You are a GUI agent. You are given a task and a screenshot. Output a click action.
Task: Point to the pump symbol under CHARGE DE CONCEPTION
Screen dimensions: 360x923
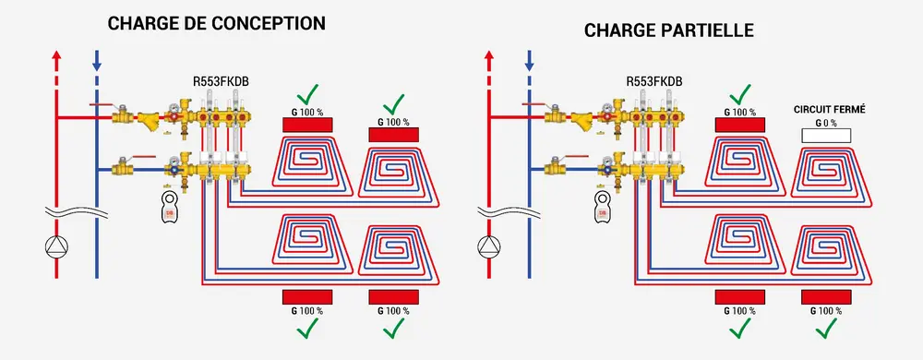(55, 246)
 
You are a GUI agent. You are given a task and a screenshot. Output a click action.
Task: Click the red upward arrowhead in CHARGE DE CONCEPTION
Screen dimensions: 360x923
(56, 56)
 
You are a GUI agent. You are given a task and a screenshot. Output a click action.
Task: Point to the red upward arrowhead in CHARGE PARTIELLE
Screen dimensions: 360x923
(488, 56)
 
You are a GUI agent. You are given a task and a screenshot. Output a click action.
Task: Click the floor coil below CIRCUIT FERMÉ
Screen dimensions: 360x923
(828, 175)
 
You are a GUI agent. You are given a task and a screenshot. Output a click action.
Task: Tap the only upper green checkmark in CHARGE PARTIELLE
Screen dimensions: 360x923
(741, 93)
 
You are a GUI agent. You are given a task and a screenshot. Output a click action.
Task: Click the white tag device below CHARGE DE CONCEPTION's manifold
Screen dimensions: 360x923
(168, 205)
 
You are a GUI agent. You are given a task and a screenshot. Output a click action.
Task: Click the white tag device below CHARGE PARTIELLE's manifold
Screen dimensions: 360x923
(601, 205)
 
